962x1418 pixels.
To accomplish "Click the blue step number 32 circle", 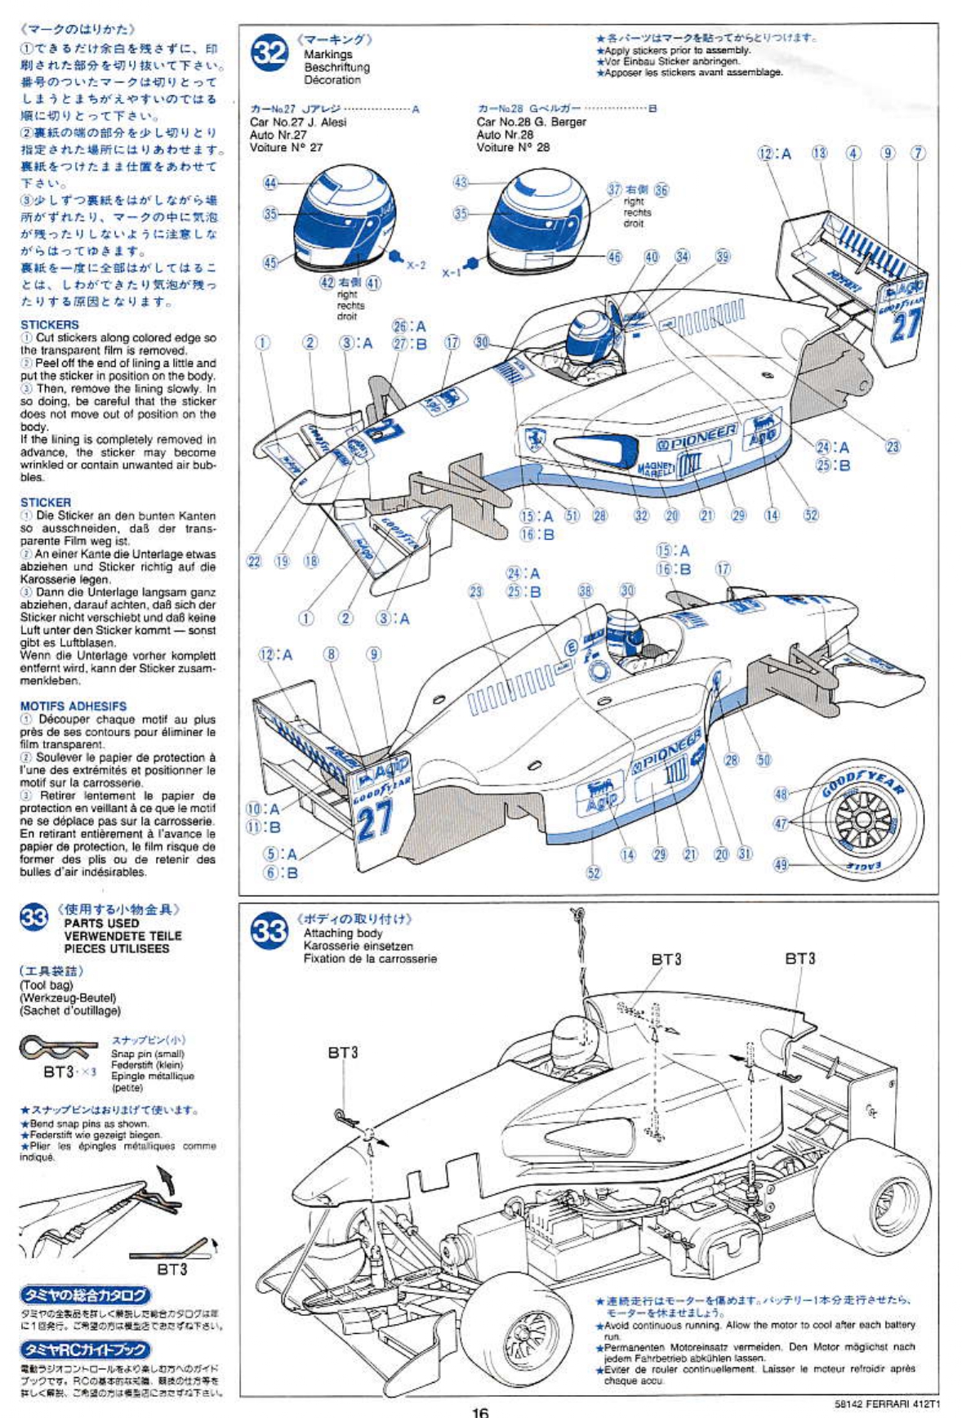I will point(269,53).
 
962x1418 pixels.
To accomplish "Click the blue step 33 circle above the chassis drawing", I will point(269,932).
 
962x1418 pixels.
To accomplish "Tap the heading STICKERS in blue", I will point(50,324).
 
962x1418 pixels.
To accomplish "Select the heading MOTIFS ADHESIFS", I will point(73,706).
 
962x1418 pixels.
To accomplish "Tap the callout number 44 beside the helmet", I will point(270,183).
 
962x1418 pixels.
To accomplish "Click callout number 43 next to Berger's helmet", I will point(461,182).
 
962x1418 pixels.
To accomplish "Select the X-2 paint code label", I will point(416,265).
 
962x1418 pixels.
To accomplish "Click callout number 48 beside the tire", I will point(781,794).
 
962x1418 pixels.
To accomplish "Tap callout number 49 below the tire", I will point(781,864).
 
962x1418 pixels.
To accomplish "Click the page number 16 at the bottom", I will point(480,1411).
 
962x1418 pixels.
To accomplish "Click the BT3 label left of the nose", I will point(343,1053).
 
